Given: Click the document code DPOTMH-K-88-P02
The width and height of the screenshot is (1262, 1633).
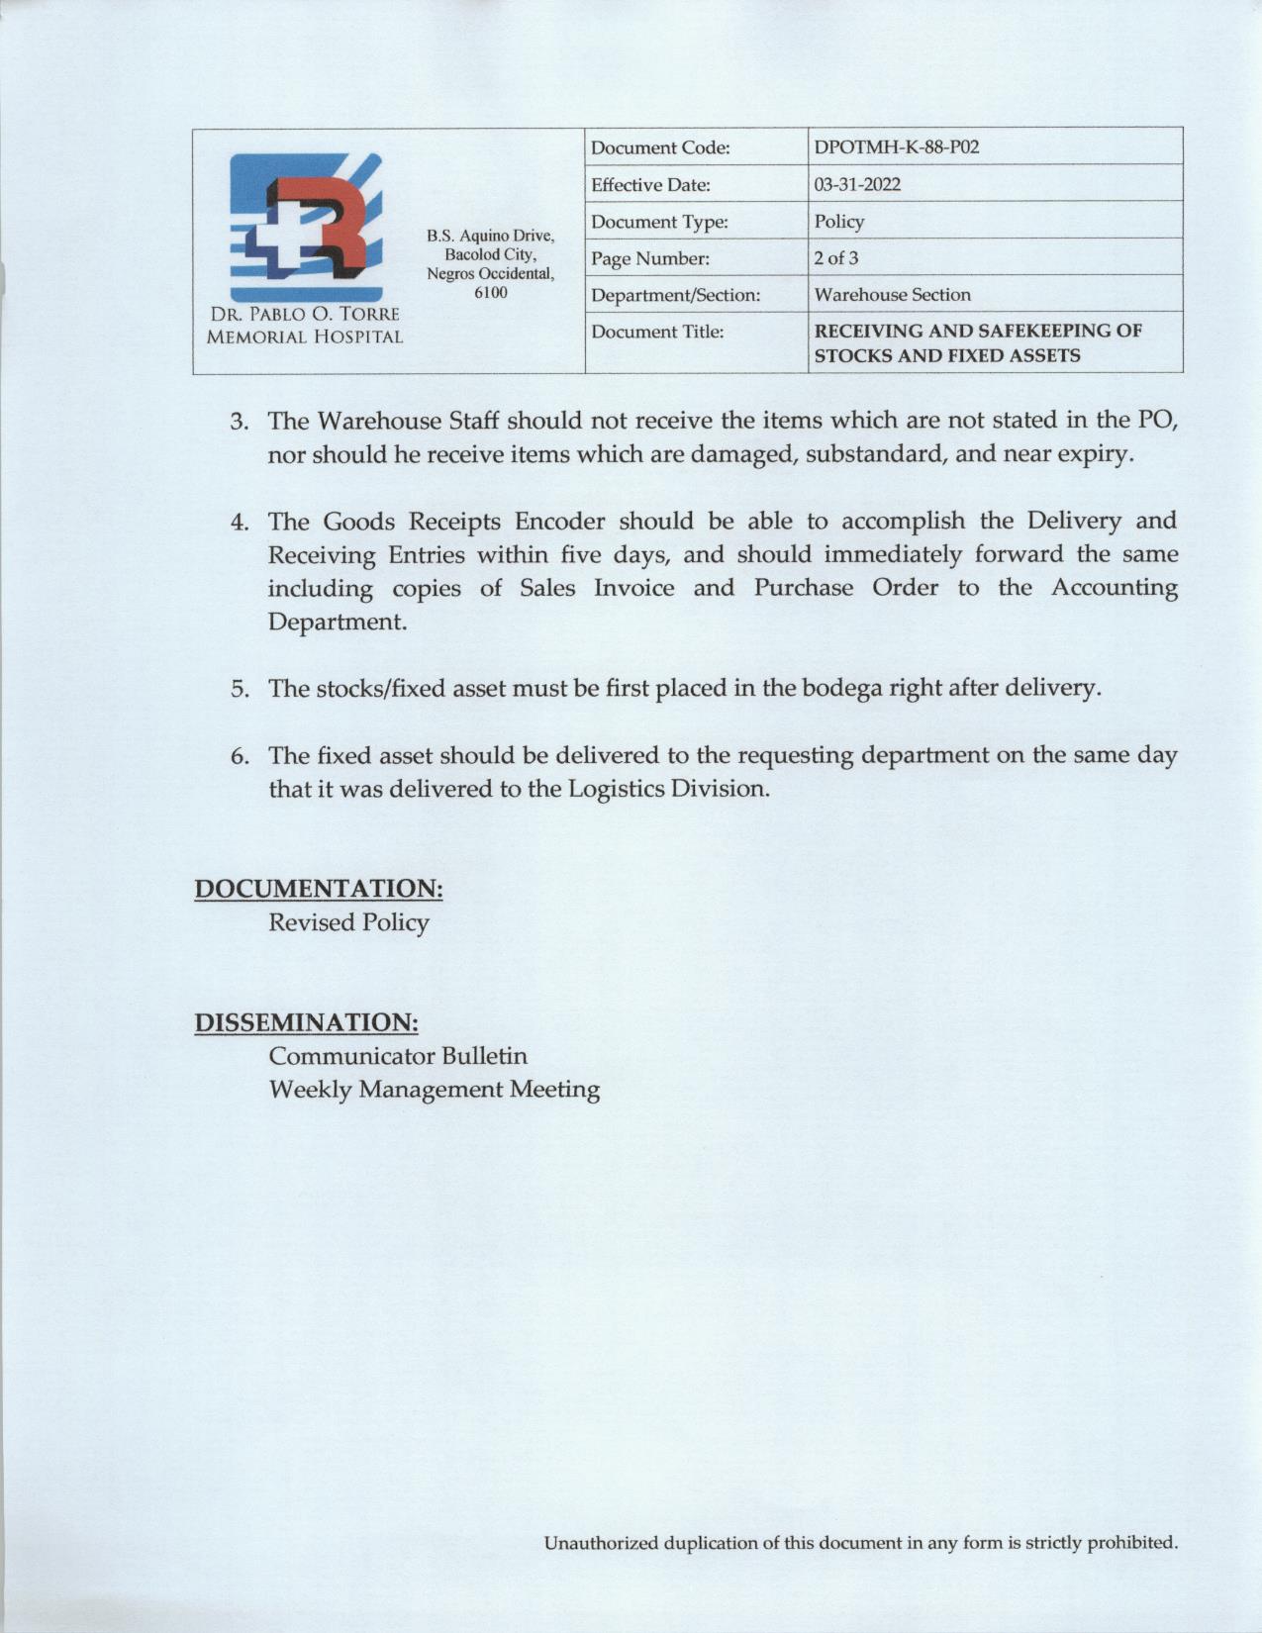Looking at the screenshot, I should click(x=896, y=147).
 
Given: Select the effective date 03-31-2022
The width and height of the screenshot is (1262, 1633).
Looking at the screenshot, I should click(x=857, y=185).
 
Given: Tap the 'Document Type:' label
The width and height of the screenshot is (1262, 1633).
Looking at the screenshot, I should click(x=659, y=222).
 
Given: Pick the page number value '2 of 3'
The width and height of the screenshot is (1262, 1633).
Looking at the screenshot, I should click(x=836, y=258).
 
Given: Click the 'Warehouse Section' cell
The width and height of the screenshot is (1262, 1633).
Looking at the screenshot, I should click(x=892, y=295).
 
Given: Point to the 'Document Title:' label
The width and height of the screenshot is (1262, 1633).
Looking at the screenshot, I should click(x=657, y=332).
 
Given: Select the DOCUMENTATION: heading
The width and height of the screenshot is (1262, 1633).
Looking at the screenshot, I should click(x=318, y=888).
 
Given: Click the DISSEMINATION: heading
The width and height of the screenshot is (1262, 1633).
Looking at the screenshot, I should click(x=306, y=1021).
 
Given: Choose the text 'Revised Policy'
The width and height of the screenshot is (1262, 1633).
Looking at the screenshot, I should click(x=348, y=922).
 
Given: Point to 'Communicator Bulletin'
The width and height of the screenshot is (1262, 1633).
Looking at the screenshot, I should click(x=398, y=1055).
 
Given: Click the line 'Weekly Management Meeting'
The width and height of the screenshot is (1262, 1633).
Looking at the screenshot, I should click(x=435, y=1090).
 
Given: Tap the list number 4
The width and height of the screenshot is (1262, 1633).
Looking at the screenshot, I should click(x=239, y=522).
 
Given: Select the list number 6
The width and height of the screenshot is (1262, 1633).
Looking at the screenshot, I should click(x=239, y=756).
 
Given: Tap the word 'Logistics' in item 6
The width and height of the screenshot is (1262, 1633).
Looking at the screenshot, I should click(x=615, y=789).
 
